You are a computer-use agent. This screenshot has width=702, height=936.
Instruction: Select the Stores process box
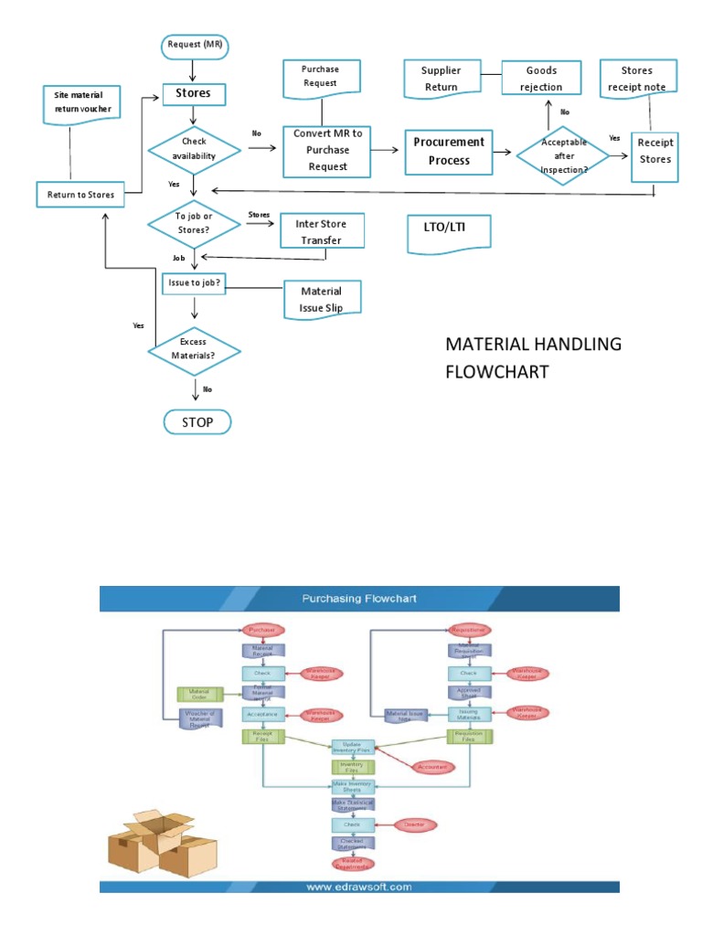point(193,92)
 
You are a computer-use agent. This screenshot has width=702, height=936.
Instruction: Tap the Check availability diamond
point(194,148)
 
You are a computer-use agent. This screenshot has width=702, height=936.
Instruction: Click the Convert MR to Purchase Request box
point(327,149)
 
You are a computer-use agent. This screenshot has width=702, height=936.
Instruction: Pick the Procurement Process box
point(449,151)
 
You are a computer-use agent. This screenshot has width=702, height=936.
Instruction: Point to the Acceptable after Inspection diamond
point(564,155)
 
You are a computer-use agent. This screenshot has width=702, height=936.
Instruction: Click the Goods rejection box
point(541,79)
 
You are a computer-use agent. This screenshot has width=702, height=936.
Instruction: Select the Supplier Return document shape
point(441,79)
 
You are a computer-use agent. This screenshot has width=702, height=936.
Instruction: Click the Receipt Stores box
point(654,151)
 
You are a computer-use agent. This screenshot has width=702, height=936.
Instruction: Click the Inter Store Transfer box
point(321,230)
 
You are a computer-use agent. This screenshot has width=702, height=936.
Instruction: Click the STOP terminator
point(197,422)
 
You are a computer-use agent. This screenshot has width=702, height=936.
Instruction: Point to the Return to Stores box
point(80,194)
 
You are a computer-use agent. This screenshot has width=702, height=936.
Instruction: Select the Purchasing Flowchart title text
point(358,599)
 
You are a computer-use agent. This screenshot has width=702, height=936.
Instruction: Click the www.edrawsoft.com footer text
point(358,886)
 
